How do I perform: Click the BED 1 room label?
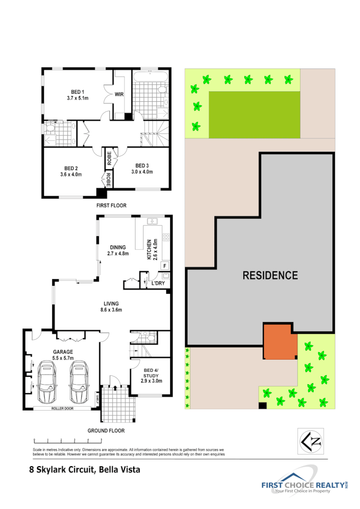point(74,92)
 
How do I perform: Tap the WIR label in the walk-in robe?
point(119,95)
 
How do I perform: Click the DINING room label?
point(117,247)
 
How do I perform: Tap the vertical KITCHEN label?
point(149,249)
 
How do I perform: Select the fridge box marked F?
point(164,266)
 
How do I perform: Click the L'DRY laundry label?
point(158,283)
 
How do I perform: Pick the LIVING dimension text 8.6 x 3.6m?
point(111,310)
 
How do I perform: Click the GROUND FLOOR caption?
point(106,431)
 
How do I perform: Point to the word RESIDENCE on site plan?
point(270,276)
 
